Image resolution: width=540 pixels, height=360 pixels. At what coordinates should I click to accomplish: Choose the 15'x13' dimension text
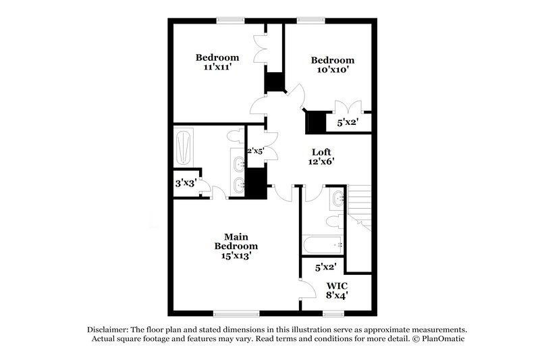pos(236,257)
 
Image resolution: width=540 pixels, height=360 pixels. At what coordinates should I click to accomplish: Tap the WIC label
pos(335,285)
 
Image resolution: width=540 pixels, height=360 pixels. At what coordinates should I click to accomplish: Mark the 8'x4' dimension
pos(335,295)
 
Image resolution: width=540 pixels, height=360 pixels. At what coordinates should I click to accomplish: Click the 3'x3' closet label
pos(184,182)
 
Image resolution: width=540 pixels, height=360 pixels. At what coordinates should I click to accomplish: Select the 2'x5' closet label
pos(255,151)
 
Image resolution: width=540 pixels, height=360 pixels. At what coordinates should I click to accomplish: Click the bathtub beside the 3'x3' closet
pos(184,147)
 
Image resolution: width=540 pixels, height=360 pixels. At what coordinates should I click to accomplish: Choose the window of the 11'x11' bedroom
pos(230,20)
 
